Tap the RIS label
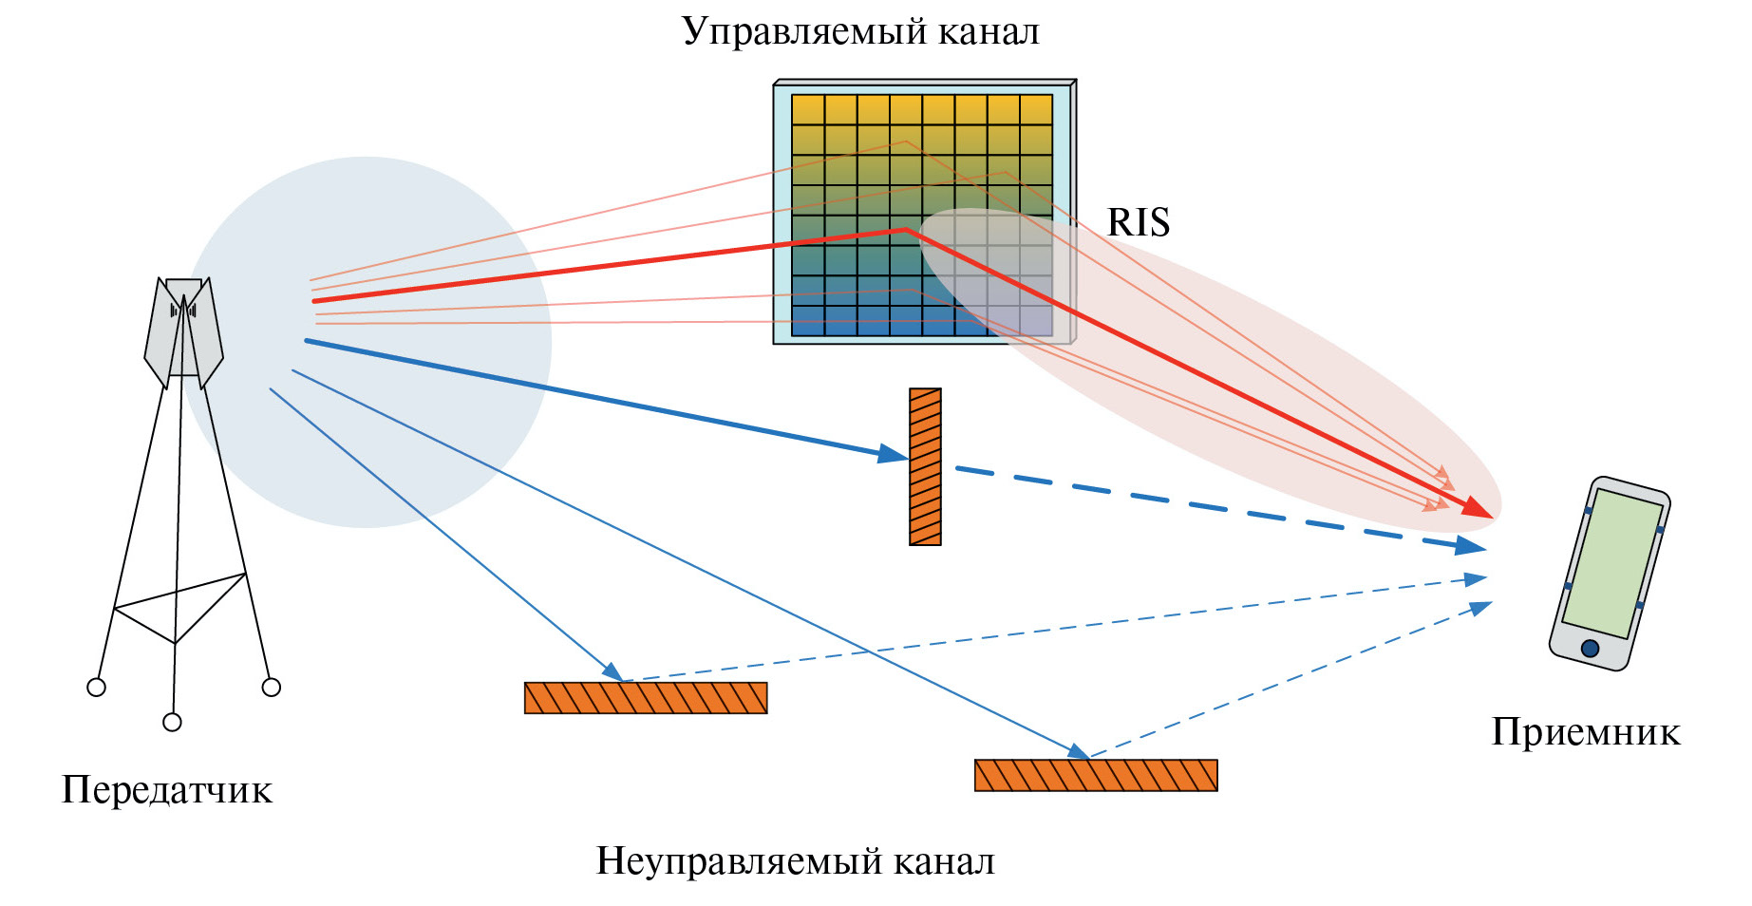pos(1138,223)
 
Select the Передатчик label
pos(167,790)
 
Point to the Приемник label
pos(1585,732)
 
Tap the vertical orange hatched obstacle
pos(925,466)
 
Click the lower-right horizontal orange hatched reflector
pos(1096,775)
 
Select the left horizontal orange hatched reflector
pos(646,698)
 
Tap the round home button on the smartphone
pos(1590,649)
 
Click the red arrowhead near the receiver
pos(1478,508)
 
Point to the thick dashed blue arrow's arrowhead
pos(1471,545)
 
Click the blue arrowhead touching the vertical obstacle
pos(894,454)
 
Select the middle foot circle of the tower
pos(172,723)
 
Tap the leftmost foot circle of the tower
pos(96,687)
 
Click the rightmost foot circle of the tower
pos(272,687)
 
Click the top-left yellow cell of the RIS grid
pos(808,109)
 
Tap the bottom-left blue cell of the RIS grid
pos(808,321)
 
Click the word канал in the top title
pos(989,32)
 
